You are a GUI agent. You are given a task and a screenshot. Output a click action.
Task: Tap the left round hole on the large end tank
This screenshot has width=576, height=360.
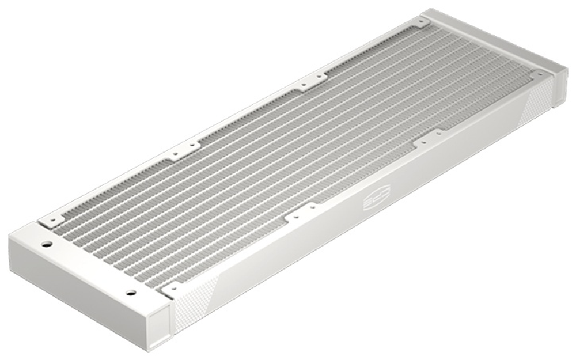pyautogui.click(x=47, y=244)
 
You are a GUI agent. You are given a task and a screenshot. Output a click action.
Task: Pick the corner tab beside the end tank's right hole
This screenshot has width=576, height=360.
pyautogui.click(x=171, y=286)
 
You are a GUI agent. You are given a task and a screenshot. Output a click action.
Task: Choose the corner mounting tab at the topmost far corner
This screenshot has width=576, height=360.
pyautogui.click(x=423, y=22)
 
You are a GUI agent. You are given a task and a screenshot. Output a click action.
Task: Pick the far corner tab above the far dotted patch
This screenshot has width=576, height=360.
pyautogui.click(x=539, y=74)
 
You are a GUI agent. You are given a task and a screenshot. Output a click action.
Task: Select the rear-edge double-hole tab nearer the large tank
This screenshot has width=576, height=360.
pyautogui.click(x=184, y=151)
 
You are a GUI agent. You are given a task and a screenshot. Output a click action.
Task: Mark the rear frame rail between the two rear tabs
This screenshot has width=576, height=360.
pyautogui.click(x=248, y=115)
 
